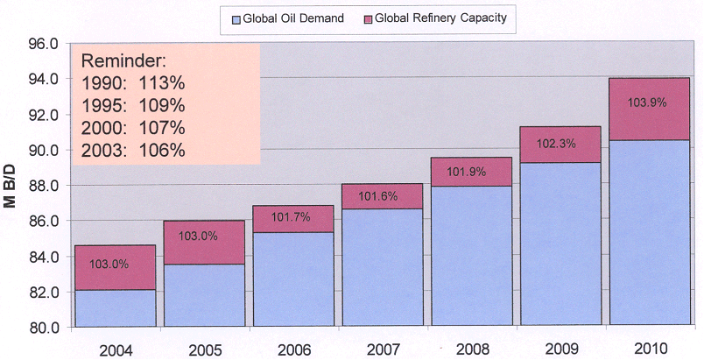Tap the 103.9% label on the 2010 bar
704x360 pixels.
click(647, 102)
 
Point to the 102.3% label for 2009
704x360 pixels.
click(556, 143)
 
